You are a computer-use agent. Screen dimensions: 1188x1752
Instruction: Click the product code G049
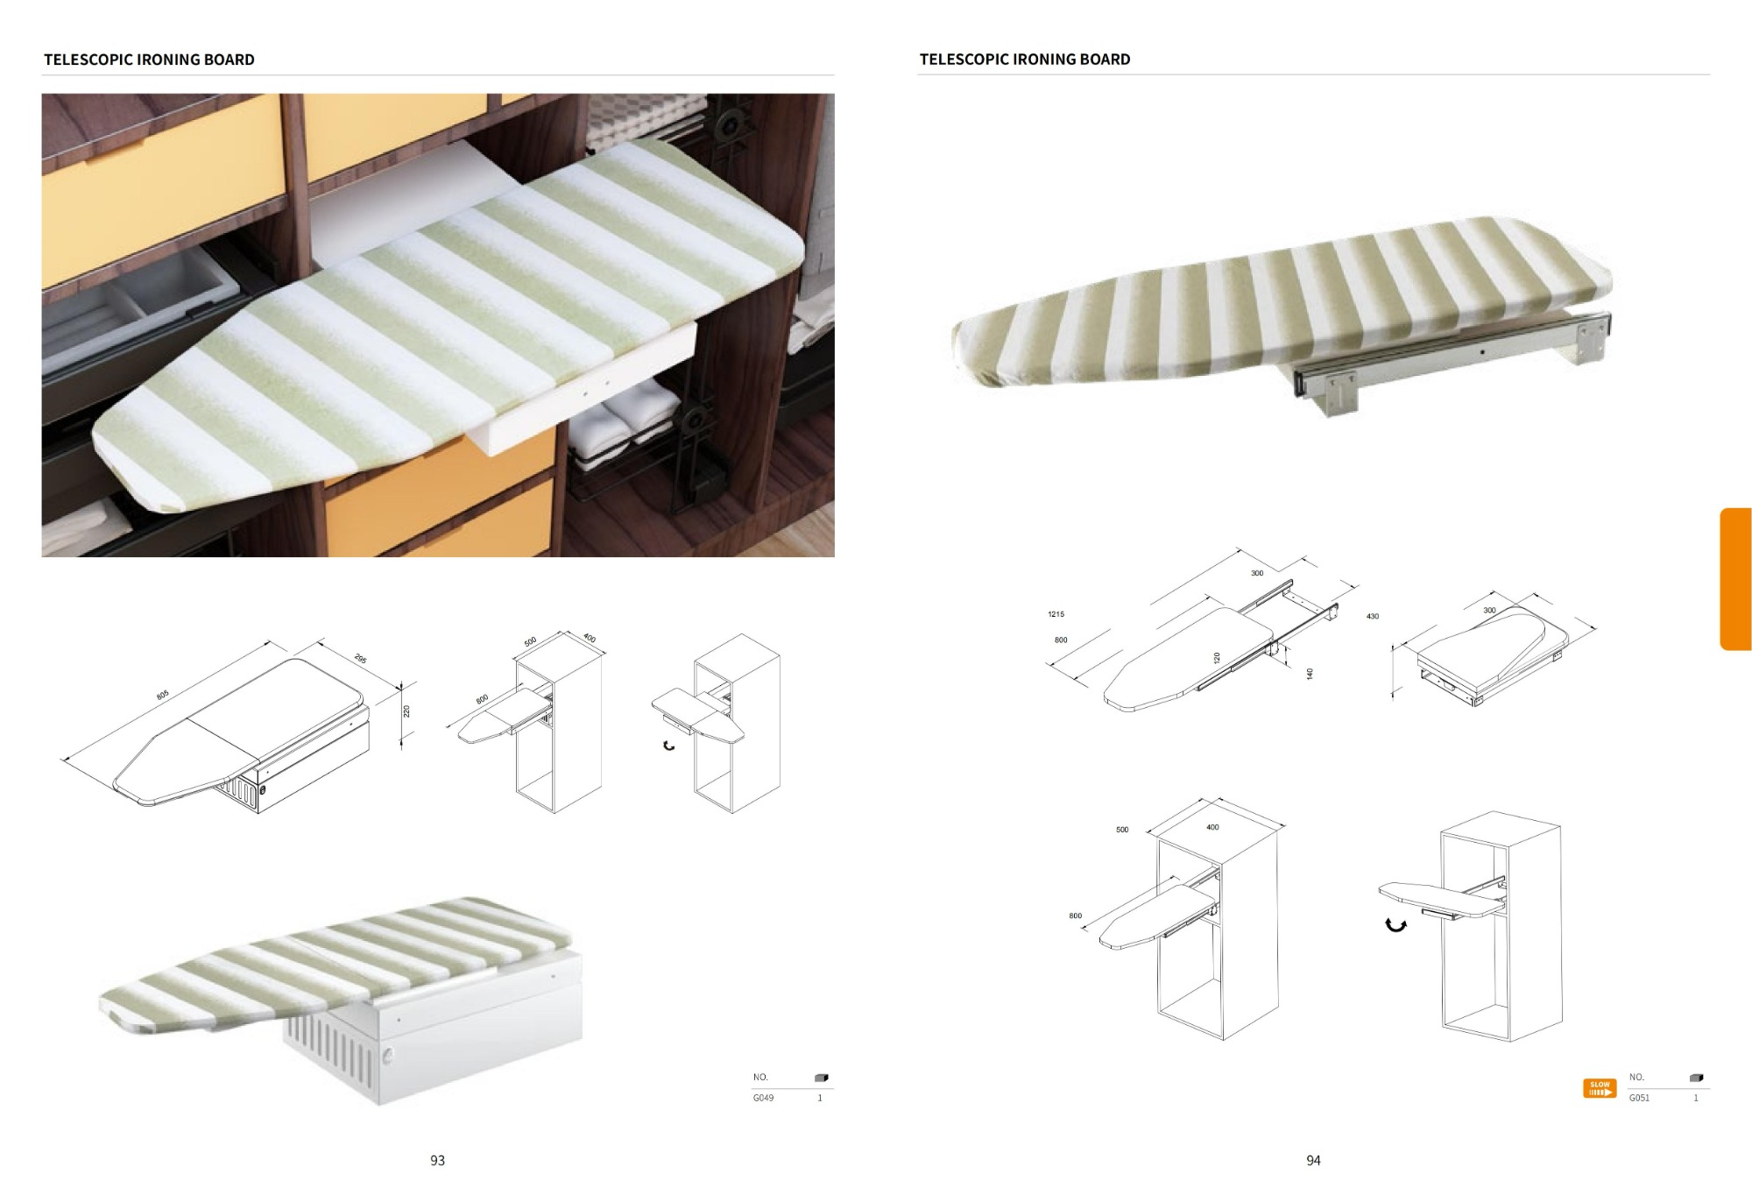point(763,1098)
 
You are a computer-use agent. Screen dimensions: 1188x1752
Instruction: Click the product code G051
point(1639,1098)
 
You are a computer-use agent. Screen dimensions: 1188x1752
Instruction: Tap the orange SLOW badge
point(1600,1088)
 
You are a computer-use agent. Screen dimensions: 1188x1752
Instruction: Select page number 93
point(437,1160)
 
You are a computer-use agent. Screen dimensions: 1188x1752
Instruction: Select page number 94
point(1313,1160)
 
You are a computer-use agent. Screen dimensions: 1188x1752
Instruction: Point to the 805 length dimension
point(162,696)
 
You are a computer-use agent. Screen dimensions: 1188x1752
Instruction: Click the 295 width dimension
point(360,659)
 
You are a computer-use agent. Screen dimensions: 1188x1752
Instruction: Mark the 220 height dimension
point(406,711)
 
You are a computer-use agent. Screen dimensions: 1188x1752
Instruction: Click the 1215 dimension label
point(1056,614)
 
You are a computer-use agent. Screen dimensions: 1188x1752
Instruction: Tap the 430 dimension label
point(1372,617)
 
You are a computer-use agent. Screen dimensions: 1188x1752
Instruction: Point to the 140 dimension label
point(1310,674)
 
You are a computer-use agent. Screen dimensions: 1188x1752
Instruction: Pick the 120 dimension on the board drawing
point(1217,657)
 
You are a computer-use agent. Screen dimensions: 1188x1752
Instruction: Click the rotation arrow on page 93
point(668,746)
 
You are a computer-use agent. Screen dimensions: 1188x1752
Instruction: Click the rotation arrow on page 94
point(1395,924)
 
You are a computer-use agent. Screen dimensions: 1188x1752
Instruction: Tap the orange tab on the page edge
point(1735,579)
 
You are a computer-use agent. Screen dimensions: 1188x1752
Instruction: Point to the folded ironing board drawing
point(1489,648)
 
